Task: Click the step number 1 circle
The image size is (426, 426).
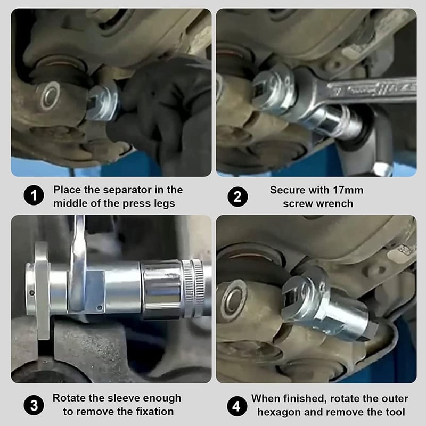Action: pyautogui.click(x=34, y=195)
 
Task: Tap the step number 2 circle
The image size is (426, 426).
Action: pyautogui.click(x=237, y=196)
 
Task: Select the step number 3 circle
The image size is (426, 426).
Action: pyautogui.click(x=34, y=406)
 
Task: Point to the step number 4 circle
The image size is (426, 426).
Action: pyautogui.click(x=236, y=406)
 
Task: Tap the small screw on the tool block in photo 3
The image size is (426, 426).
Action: pyautogui.click(x=100, y=308)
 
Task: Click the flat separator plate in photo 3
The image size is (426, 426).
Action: pyautogui.click(x=42, y=291)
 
